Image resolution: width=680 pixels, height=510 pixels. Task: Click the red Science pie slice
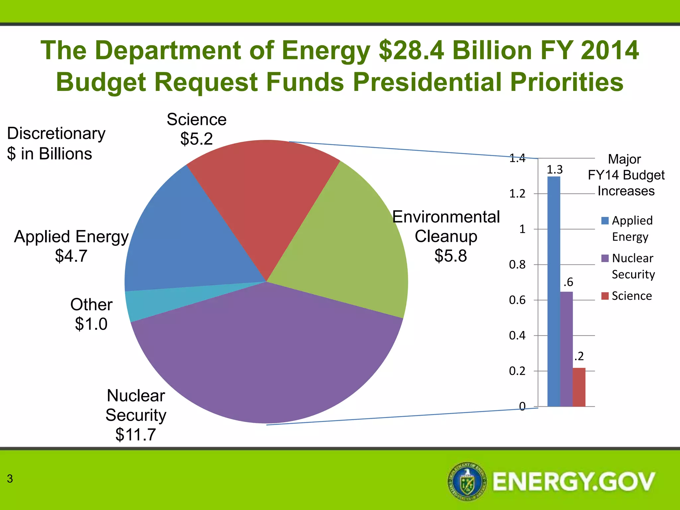coord(262,199)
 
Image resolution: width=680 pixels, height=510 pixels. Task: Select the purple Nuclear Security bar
coord(566,349)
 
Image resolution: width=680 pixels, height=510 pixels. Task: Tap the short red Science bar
coord(579,387)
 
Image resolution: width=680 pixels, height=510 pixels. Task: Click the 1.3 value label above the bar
coord(554,170)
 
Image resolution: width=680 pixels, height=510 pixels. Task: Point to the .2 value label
coord(579,356)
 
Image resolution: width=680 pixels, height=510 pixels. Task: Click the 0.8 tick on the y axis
coord(517,265)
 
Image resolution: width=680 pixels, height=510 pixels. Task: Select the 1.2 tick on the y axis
coord(517,194)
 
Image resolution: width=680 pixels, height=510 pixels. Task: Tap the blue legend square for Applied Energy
coord(605,220)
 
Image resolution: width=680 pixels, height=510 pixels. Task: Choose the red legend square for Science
coord(605,296)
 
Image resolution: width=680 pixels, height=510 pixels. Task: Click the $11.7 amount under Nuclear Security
coord(135,435)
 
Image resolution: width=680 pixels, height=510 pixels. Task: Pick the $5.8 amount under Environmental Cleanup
coord(451,256)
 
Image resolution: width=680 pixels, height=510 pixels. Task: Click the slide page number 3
coord(10,478)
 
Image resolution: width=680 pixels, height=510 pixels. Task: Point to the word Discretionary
coord(56,133)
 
